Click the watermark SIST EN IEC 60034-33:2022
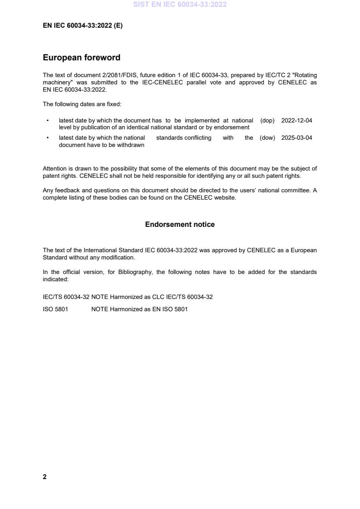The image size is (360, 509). [x=180, y=5]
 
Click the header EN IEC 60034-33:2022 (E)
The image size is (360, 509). [x=83, y=26]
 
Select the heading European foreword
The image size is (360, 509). [x=81, y=58]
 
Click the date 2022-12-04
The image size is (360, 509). [x=296, y=121]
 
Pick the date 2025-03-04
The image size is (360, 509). [x=296, y=138]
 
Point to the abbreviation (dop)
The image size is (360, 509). [x=267, y=121]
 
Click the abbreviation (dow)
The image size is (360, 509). [x=267, y=138]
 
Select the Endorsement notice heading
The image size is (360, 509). [x=180, y=225]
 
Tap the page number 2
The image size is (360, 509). [x=44, y=477]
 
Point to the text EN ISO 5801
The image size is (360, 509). [x=171, y=309]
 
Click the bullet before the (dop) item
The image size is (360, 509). [x=48, y=121]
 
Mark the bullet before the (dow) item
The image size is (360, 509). [x=48, y=138]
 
